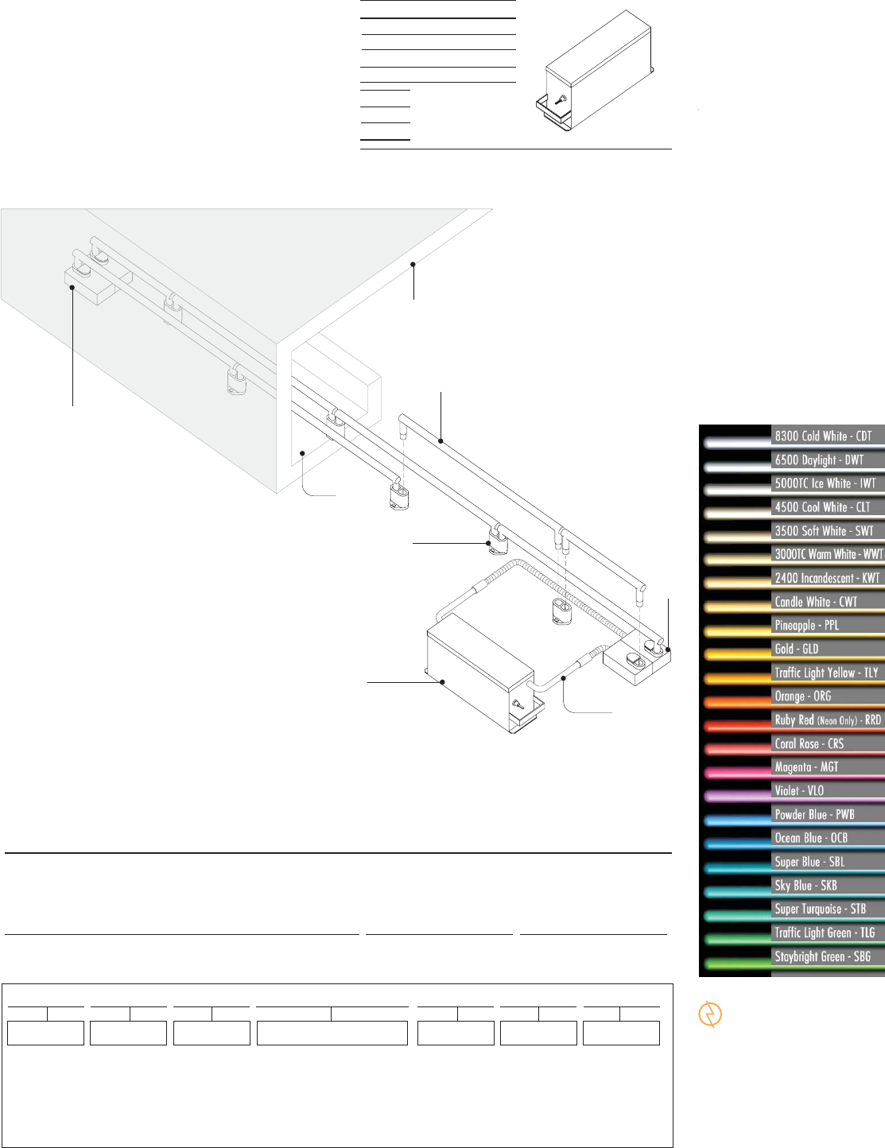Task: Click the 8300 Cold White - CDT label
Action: click(x=823, y=436)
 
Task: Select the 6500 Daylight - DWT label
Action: click(x=819, y=460)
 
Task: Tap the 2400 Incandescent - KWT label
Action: click(x=827, y=578)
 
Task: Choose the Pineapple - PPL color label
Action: click(x=807, y=626)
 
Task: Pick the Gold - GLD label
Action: click(x=796, y=649)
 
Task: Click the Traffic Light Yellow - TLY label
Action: click(x=826, y=673)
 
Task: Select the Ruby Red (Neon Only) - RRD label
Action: click(x=828, y=719)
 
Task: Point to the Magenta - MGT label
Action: click(x=806, y=767)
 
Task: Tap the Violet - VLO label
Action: click(x=799, y=790)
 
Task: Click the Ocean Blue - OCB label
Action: click(x=811, y=838)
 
